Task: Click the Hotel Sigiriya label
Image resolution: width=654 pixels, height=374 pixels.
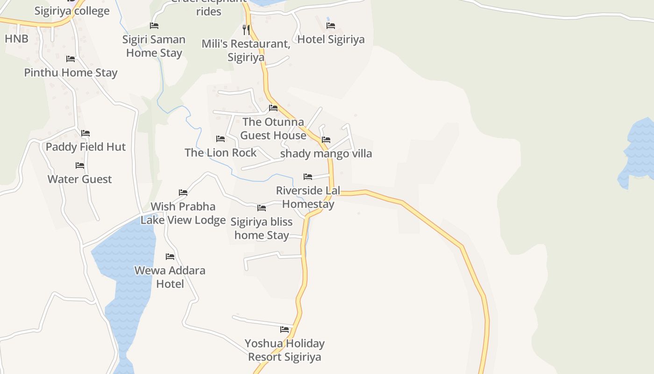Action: (x=331, y=39)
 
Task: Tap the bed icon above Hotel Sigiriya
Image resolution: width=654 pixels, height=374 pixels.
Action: (x=331, y=25)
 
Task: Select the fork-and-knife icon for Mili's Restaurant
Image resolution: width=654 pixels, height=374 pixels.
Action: (x=246, y=30)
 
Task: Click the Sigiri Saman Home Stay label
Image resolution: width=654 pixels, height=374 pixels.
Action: (x=154, y=46)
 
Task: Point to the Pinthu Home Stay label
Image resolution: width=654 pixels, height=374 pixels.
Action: (x=71, y=72)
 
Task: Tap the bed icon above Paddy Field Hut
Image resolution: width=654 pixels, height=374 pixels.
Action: (x=85, y=133)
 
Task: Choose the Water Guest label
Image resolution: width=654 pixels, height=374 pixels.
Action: (x=80, y=179)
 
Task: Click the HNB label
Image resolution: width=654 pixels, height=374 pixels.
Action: (x=17, y=39)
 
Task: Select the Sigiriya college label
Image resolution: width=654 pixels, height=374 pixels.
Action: (x=72, y=11)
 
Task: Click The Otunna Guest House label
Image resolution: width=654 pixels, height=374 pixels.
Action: (x=273, y=129)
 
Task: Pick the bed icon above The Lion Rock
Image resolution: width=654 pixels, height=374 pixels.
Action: (x=220, y=139)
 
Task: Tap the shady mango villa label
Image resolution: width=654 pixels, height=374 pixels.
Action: (x=326, y=153)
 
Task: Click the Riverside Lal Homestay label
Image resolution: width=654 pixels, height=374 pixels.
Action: (x=308, y=197)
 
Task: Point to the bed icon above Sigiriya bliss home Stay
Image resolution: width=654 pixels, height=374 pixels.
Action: (x=262, y=208)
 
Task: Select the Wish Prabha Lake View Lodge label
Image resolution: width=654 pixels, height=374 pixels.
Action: (x=183, y=213)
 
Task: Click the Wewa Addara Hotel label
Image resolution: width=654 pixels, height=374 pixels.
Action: (x=170, y=277)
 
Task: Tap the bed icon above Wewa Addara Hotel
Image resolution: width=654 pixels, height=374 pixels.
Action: (x=170, y=257)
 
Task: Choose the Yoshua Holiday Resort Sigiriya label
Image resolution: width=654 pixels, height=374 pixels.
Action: (x=284, y=350)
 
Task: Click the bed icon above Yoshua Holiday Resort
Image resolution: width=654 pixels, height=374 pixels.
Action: (x=284, y=330)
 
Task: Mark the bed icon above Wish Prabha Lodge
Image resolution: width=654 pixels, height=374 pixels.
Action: (x=183, y=193)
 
